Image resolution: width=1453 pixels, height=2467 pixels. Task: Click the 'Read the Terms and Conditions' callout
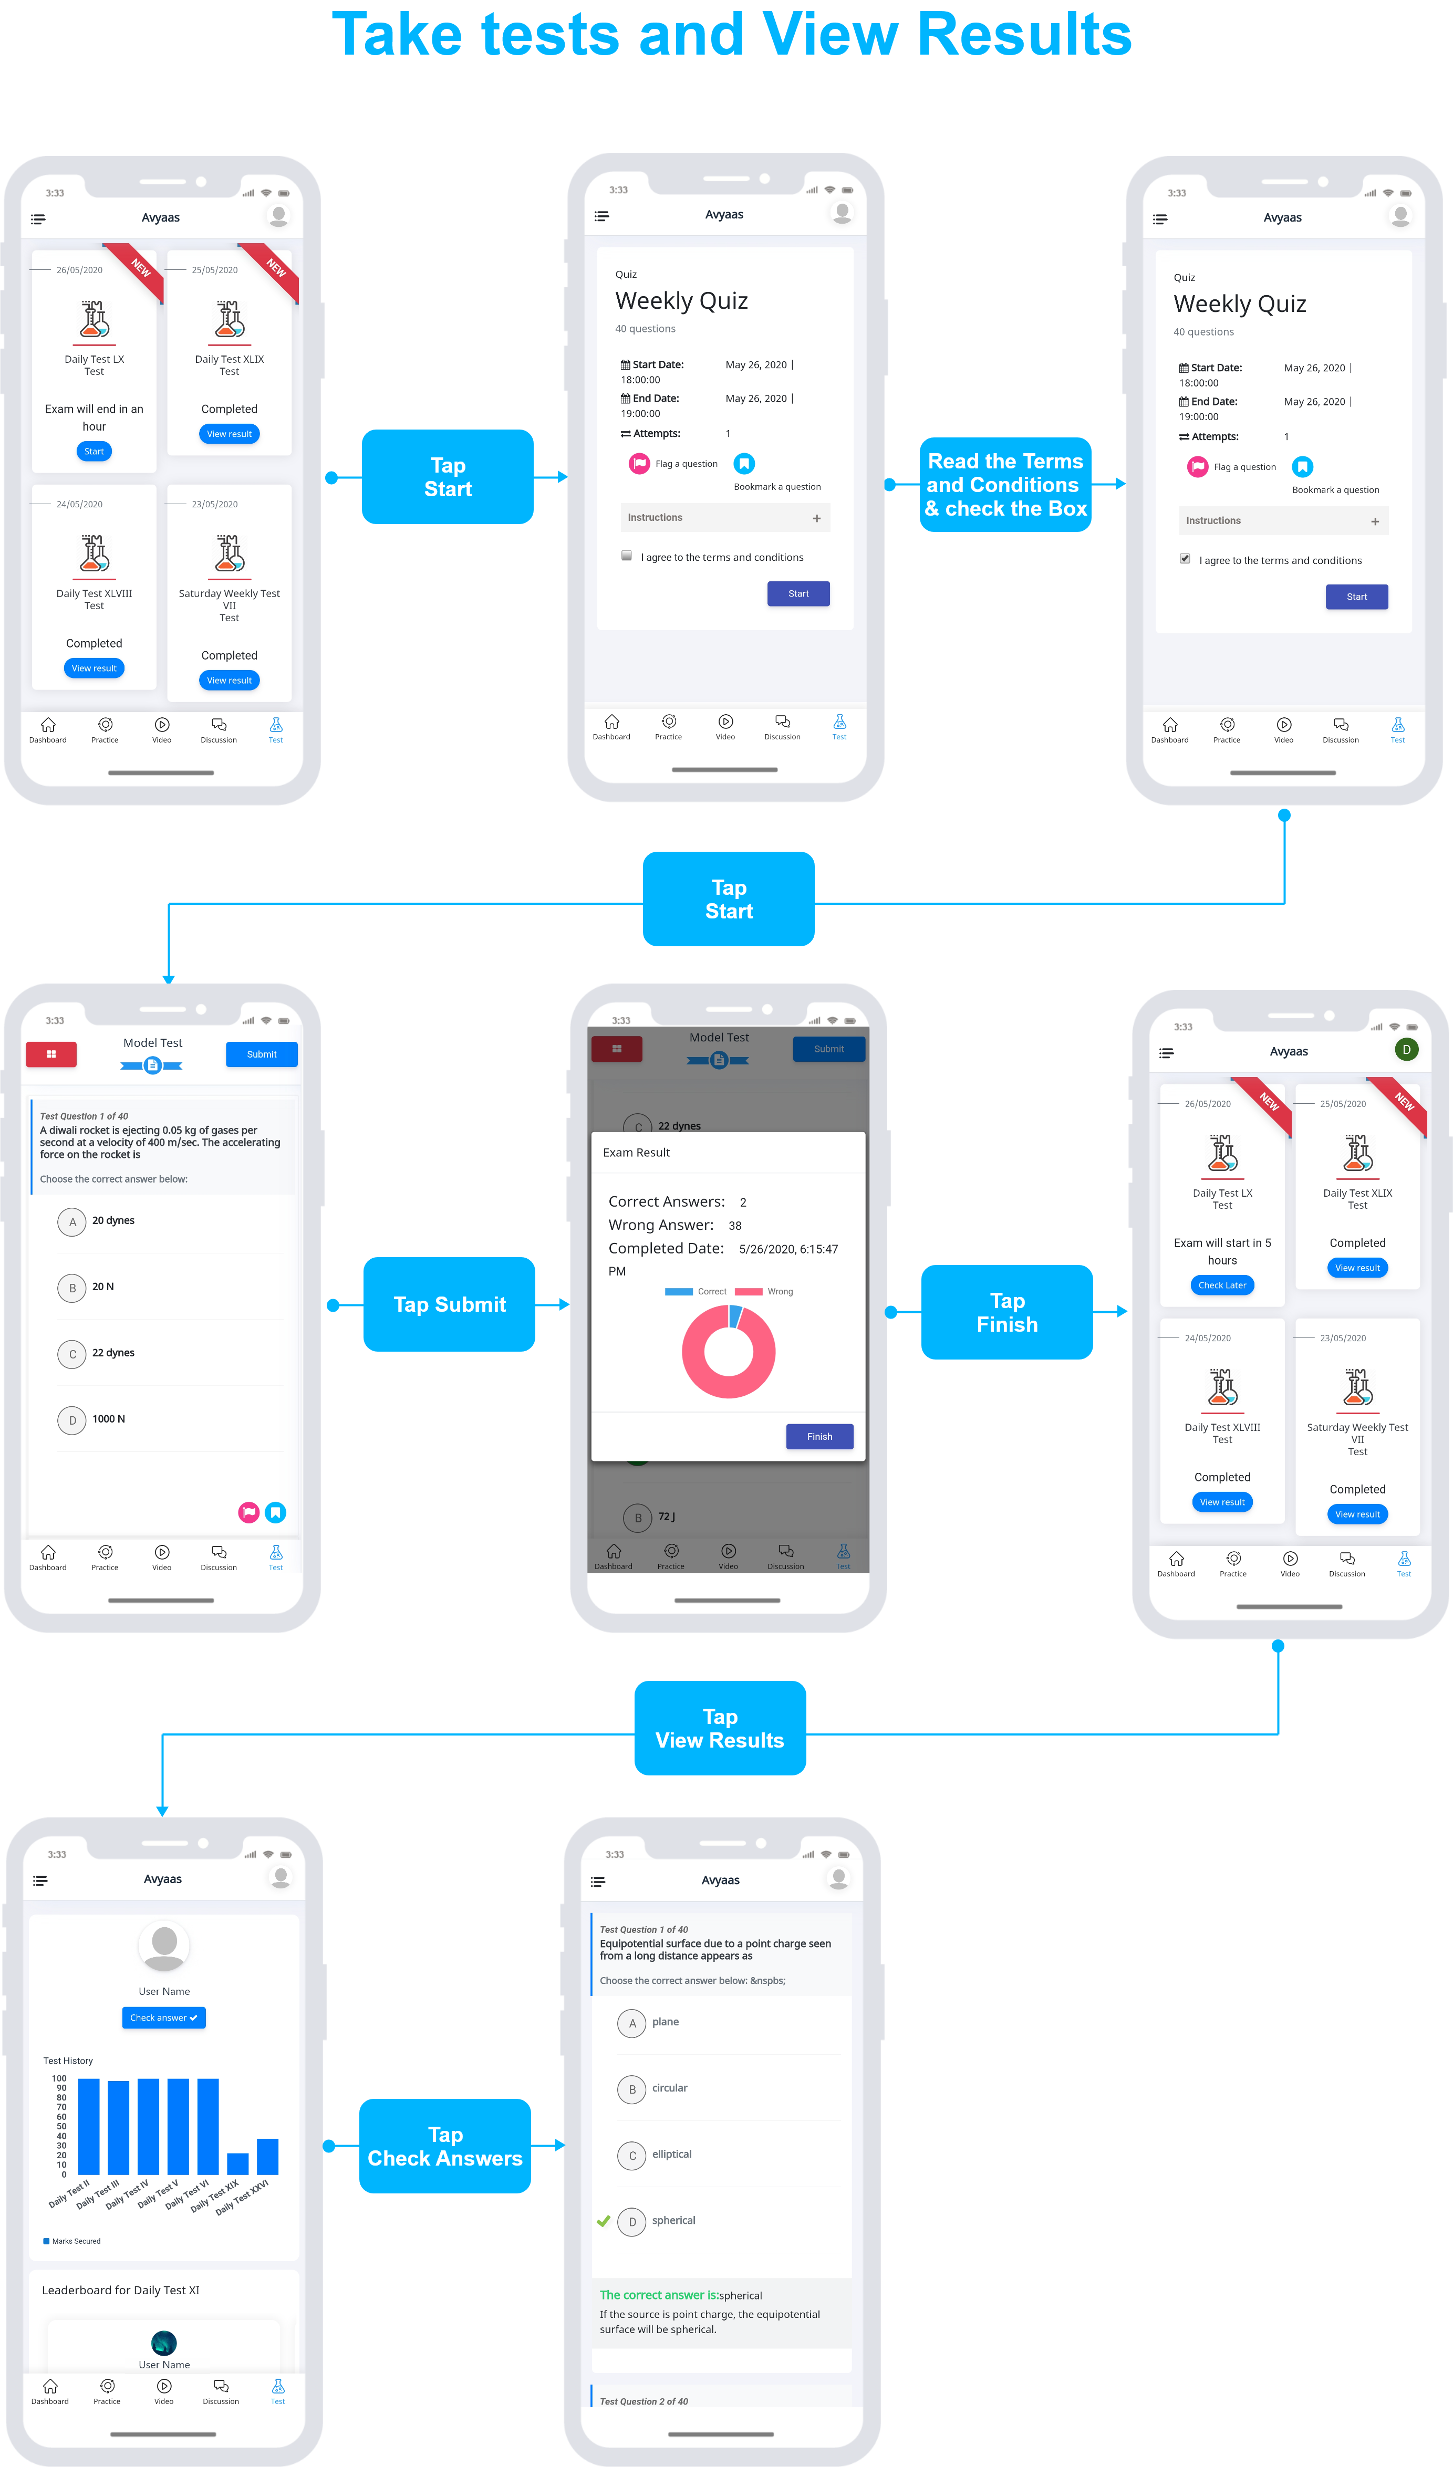[1005, 485]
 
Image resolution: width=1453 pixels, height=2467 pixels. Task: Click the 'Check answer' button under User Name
[163, 2017]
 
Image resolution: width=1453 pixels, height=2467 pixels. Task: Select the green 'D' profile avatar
[1406, 1050]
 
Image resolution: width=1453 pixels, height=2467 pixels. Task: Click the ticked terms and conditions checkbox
[1185, 559]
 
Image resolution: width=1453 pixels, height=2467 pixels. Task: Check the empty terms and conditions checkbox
[627, 556]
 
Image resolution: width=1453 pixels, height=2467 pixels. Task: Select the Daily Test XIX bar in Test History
[237, 2163]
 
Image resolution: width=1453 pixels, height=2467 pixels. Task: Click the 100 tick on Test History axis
[59, 2078]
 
